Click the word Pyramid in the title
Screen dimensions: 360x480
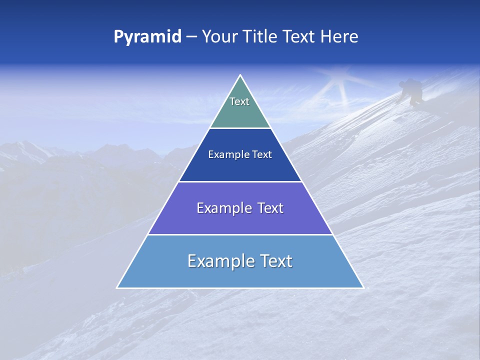tap(147, 37)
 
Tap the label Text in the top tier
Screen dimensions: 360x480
tap(239, 101)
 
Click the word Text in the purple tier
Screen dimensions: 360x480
tap(267, 208)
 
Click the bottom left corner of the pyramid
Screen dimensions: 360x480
tap(117, 287)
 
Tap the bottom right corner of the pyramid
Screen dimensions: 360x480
tap(363, 287)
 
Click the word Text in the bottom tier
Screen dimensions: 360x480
tap(275, 261)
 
